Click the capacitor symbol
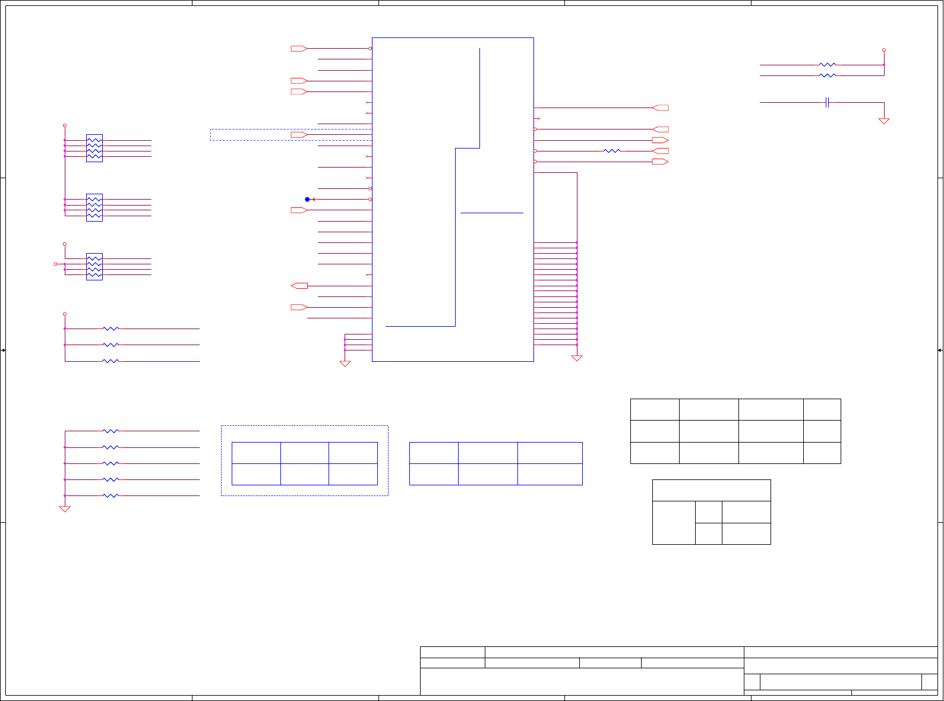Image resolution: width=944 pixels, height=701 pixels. point(827,103)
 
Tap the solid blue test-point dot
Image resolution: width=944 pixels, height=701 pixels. point(307,200)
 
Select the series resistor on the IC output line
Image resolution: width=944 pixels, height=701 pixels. point(611,151)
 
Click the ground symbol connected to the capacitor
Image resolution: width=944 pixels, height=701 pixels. point(884,121)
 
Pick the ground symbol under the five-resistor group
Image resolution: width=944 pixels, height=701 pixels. point(65,509)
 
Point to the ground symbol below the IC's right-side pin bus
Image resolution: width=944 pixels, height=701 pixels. point(577,358)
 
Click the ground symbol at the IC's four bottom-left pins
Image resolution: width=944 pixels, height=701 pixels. point(345,364)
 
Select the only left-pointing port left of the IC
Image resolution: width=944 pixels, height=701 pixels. point(299,286)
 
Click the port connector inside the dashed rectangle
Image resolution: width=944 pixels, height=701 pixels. point(299,135)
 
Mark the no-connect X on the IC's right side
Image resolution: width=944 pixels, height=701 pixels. point(539,119)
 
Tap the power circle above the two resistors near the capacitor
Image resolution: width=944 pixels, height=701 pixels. point(884,50)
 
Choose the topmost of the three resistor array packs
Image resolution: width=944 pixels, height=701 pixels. point(94,148)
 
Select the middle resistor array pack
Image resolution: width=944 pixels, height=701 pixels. point(94,207)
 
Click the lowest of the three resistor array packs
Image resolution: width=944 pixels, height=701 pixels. point(94,267)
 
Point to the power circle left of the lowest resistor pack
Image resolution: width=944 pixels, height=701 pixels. point(56,264)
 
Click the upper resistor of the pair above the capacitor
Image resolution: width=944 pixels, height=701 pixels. point(828,65)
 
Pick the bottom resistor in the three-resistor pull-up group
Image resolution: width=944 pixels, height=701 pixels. point(110,361)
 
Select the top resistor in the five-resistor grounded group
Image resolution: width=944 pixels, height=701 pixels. point(110,431)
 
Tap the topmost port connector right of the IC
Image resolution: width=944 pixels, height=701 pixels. point(660,108)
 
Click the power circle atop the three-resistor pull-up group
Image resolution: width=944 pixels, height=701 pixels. point(65,314)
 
